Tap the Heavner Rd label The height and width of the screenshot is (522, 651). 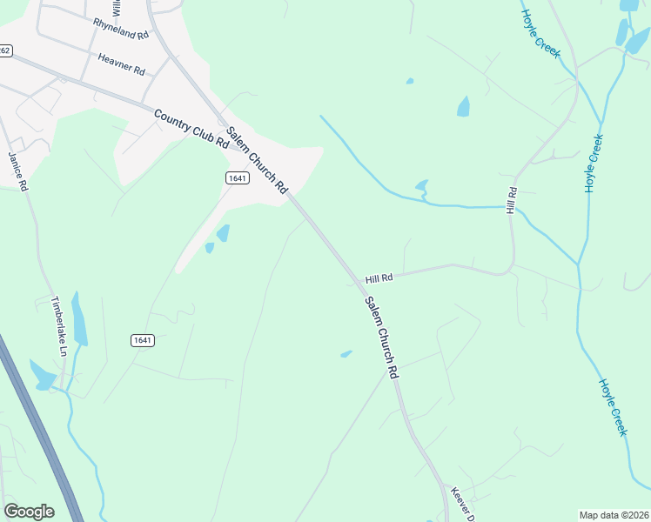(x=122, y=64)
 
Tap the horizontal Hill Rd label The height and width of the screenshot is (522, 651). (x=379, y=278)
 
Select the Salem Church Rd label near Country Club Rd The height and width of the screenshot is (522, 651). (x=257, y=160)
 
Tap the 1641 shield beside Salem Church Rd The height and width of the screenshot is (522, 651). (x=237, y=177)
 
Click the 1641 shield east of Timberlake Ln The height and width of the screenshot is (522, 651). (x=144, y=340)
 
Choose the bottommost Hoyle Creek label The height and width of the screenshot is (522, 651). (x=613, y=406)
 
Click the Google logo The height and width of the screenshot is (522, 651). (x=29, y=511)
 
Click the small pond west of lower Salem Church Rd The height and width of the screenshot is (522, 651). (x=346, y=354)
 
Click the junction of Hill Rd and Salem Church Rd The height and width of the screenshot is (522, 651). (x=359, y=283)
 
